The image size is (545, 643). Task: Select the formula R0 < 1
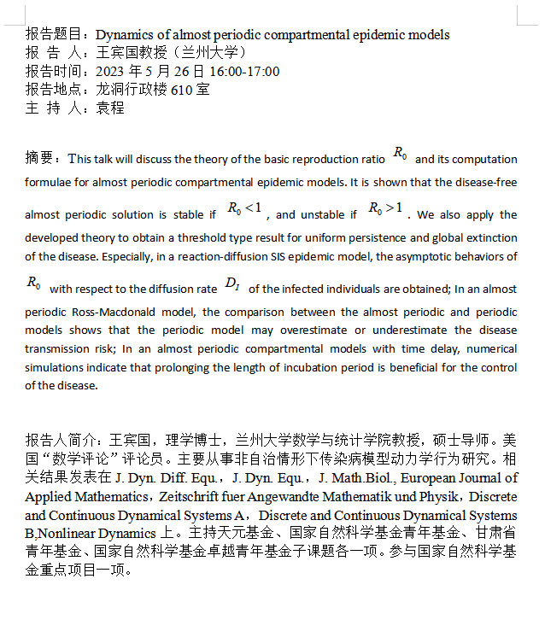[x=249, y=209]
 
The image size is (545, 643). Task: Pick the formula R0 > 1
[x=385, y=209]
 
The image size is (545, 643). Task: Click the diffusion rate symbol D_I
[x=232, y=284]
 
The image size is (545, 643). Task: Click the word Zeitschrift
[x=191, y=497]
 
